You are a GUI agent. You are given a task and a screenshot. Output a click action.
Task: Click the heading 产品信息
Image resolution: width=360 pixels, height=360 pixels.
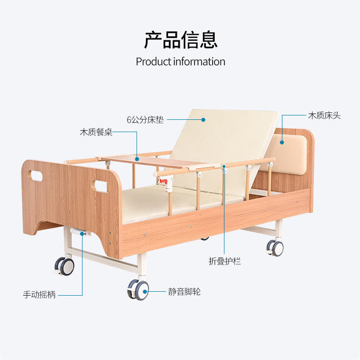[x=180, y=40]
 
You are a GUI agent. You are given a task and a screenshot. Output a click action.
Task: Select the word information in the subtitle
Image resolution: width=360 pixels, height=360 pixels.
[x=199, y=62]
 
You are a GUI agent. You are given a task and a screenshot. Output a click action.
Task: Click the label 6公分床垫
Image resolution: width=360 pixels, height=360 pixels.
[x=145, y=120]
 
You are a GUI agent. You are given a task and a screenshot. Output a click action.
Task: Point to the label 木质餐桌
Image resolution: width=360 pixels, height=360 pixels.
[x=96, y=133]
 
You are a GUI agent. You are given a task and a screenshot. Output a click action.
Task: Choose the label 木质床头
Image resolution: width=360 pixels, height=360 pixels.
[x=324, y=116]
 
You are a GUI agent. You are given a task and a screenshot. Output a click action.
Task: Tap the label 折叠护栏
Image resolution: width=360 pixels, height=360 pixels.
[x=225, y=262]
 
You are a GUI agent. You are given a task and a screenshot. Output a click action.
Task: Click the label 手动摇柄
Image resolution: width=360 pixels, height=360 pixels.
[x=39, y=295]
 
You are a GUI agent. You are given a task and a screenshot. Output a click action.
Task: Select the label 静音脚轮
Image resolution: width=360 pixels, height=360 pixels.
[x=184, y=292]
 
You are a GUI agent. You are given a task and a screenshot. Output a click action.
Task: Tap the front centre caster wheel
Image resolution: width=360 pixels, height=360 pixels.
[x=139, y=290]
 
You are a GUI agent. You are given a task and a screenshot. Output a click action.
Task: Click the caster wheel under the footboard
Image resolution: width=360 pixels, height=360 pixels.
[x=65, y=266]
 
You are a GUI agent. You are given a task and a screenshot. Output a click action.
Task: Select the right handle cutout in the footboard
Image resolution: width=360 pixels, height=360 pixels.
[x=101, y=187]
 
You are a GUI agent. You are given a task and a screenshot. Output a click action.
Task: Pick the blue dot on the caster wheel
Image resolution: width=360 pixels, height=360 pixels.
[x=145, y=292]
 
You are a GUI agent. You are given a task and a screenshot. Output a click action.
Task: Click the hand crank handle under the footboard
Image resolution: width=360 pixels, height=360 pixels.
[x=78, y=231]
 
